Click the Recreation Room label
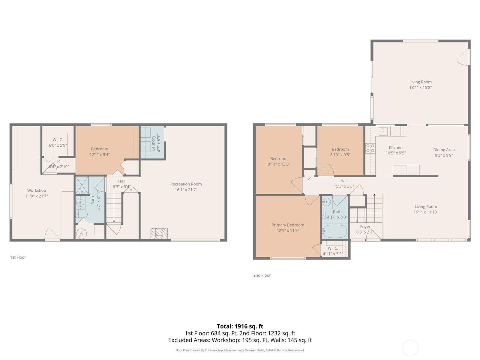point(186,184)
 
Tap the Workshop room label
point(37,190)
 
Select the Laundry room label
point(153,143)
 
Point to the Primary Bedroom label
point(288,225)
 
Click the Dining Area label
point(444,150)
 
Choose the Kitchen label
point(396,147)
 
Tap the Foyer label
point(365,227)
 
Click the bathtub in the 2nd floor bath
point(334,231)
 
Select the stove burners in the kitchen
point(370,148)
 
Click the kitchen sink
point(383,131)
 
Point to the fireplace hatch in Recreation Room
point(159,233)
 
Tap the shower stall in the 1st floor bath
point(82,185)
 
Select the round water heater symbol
point(81,234)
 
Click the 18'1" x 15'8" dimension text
point(420,87)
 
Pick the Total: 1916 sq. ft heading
point(240,326)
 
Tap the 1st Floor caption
point(18,257)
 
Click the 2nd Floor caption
point(262,275)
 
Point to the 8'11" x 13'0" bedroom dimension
point(279,164)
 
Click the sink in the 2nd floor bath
point(327,202)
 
